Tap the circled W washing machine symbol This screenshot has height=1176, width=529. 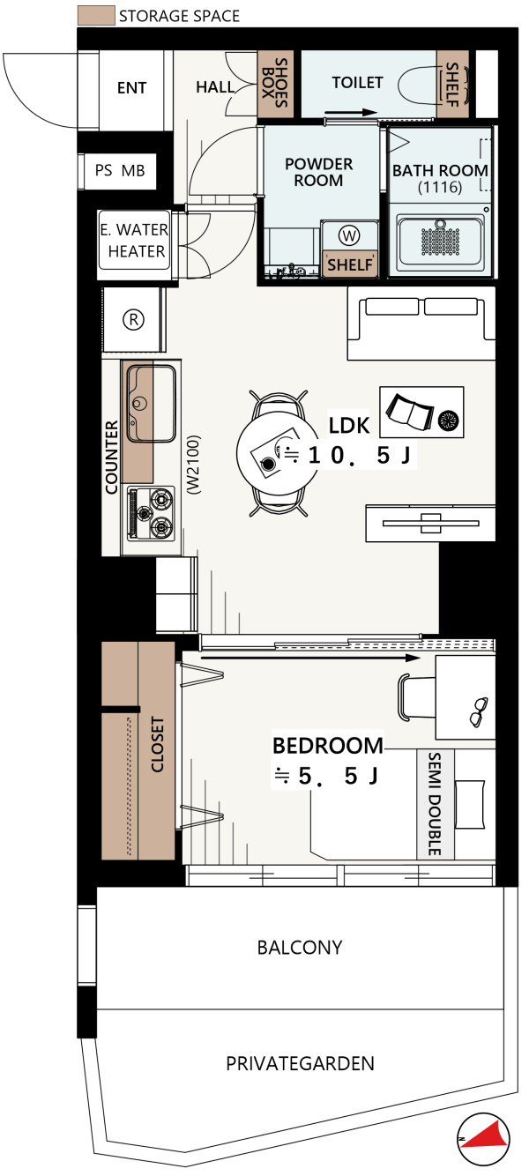(x=349, y=235)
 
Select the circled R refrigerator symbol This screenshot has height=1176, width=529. (x=133, y=319)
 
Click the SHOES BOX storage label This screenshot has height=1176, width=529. (x=275, y=83)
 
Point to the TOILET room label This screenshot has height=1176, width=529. (x=357, y=82)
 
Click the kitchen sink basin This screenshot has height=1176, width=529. (x=151, y=403)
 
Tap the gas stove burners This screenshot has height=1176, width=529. (x=151, y=513)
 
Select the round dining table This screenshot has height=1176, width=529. (x=277, y=452)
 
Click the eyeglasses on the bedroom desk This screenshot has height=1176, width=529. (x=479, y=711)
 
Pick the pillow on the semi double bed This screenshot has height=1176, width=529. (x=470, y=804)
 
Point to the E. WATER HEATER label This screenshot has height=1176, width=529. (x=135, y=241)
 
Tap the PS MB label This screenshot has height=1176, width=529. (x=120, y=171)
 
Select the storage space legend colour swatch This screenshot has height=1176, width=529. (x=96, y=16)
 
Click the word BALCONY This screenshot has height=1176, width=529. (x=300, y=948)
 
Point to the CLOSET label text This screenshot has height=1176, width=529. (x=158, y=744)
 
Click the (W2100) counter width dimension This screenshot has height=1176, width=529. (x=193, y=465)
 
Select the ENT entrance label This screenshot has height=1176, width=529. (x=132, y=87)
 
